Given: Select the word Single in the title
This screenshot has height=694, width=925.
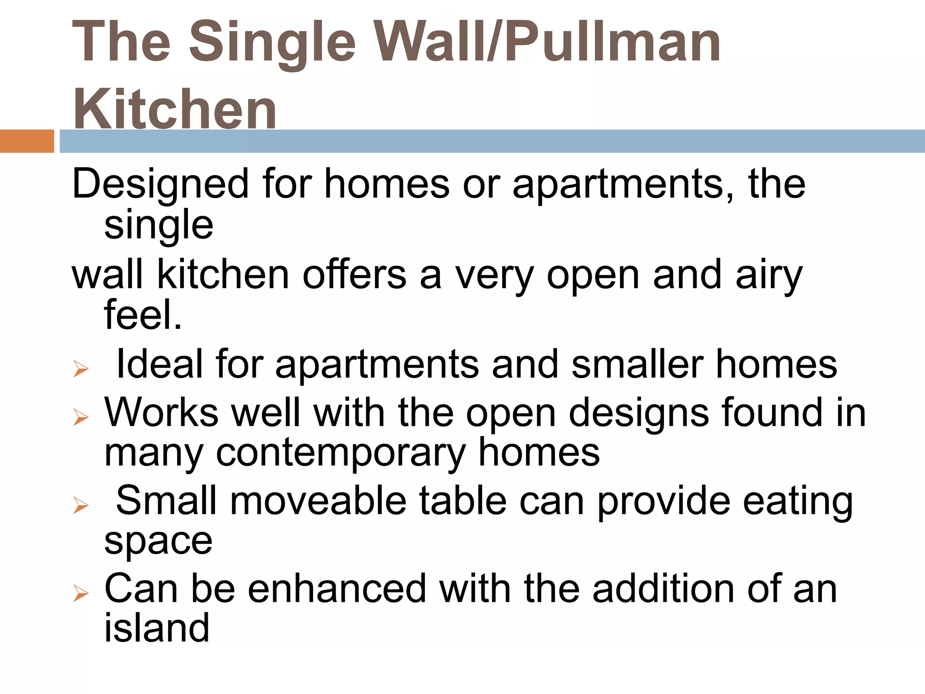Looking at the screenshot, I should [x=273, y=43].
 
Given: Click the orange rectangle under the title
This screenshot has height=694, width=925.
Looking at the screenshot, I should [x=27, y=141].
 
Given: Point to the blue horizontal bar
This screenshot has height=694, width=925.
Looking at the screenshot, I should [x=492, y=141].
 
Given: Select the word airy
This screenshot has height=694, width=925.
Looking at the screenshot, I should [x=769, y=276].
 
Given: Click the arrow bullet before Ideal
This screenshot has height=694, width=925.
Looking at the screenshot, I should [x=81, y=370].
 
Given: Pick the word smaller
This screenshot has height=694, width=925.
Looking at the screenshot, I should [x=637, y=364].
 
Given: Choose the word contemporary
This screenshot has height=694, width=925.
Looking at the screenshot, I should [x=341, y=453].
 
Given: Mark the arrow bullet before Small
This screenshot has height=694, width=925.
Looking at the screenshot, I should [x=81, y=506].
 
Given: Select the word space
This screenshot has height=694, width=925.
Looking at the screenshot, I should [x=158, y=541].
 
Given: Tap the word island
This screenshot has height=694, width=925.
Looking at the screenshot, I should [x=157, y=628].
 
